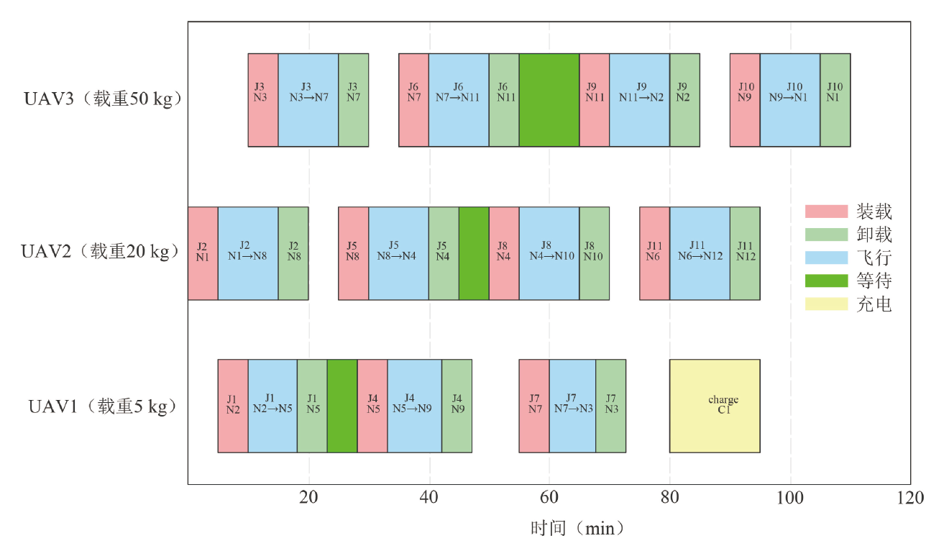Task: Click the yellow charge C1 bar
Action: pos(715,406)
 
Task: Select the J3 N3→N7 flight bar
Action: pos(308,99)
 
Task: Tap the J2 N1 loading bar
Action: pos(203,252)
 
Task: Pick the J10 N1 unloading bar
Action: pos(835,99)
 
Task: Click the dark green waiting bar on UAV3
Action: pos(549,99)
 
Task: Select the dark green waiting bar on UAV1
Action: pos(342,406)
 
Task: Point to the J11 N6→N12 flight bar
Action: pos(700,252)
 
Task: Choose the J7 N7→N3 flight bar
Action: pos(572,406)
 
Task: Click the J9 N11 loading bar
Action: pos(595,99)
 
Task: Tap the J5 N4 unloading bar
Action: pos(444,252)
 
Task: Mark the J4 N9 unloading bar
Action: pos(457,406)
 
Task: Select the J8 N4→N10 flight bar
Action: pos(549,252)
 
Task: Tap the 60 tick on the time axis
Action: pos(549,498)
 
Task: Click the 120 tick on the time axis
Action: pos(910,498)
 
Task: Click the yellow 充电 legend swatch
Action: pos(826,304)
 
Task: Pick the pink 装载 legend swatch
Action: pos(826,211)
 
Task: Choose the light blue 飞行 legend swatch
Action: pos(826,258)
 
